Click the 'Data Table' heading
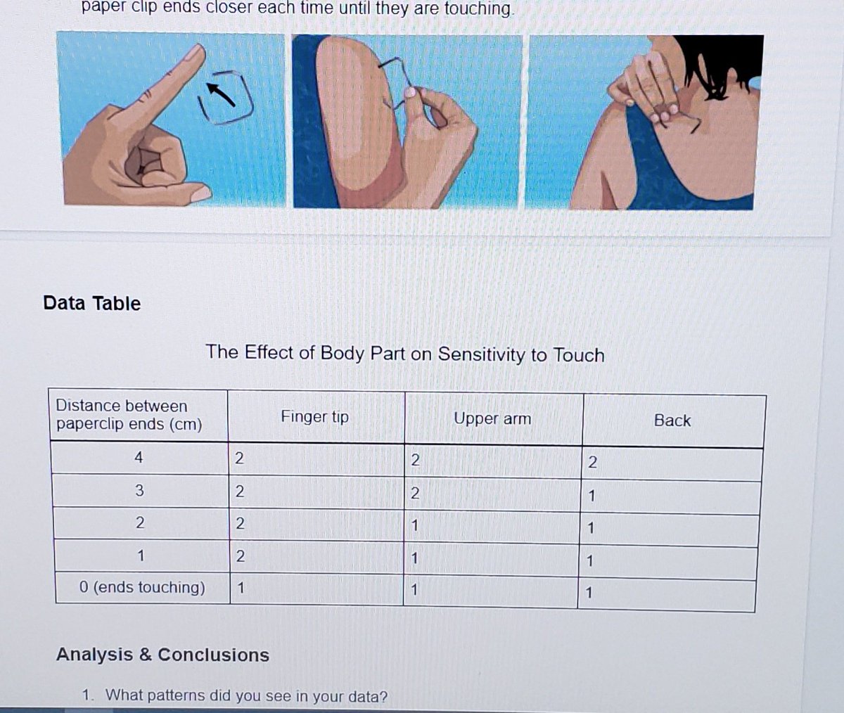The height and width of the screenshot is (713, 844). pos(91,303)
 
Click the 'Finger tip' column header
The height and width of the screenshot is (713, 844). pos(315,417)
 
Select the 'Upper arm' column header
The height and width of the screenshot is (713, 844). pos(492,418)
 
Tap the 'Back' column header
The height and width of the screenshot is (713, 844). pos(672,420)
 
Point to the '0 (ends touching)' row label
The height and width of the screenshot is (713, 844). pos(142,587)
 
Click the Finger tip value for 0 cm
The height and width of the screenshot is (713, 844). pos(241,588)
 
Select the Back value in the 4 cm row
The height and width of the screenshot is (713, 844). pos(592,462)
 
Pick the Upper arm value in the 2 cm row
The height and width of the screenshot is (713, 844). pos(414,525)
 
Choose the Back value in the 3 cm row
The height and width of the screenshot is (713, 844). pos(592,496)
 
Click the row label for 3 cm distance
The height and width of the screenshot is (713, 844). pos(139,491)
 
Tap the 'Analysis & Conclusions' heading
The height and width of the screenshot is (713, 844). pos(162,655)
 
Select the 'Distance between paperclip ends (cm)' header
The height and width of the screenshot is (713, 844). pos(129,415)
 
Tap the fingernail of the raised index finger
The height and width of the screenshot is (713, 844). pos(193,53)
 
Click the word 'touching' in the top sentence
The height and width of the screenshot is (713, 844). pos(478,8)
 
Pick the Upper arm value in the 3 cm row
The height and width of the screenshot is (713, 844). pos(415,493)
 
